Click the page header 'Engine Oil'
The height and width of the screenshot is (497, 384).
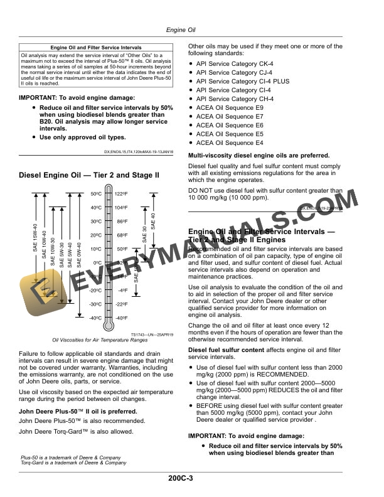181,29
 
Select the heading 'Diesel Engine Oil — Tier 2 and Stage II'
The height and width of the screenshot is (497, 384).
90,175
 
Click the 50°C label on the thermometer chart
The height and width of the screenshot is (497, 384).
97,194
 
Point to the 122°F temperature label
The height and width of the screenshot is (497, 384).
122,194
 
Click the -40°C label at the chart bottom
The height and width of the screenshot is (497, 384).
95,318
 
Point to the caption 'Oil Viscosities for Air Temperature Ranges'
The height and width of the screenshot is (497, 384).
90,341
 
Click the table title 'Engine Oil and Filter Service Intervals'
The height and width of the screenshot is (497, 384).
96,48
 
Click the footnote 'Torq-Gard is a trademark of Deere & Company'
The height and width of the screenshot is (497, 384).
69,463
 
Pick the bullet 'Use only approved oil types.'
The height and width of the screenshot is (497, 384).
82,137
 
